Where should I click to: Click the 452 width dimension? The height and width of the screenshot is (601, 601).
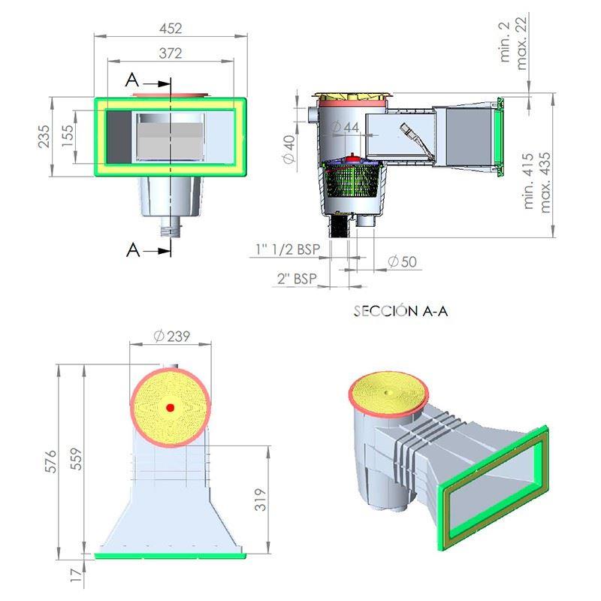click(x=171, y=28)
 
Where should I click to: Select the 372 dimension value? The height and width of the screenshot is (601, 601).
click(x=171, y=53)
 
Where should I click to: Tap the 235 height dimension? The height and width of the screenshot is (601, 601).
click(x=44, y=137)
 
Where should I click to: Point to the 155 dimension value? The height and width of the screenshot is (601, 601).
click(x=67, y=136)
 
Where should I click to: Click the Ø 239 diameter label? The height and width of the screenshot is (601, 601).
click(x=172, y=336)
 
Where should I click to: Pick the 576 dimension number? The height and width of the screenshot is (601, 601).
click(x=50, y=461)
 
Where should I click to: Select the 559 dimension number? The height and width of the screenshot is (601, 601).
click(x=77, y=459)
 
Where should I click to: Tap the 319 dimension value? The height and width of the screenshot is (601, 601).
click(x=260, y=500)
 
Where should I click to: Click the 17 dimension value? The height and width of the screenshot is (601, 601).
click(x=77, y=575)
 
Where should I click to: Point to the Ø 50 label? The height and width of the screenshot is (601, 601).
click(x=403, y=261)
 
